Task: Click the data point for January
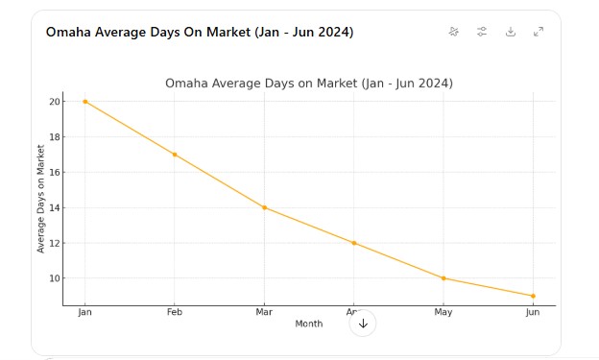84,102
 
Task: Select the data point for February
175,155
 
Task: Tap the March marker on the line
264,207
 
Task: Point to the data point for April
353,243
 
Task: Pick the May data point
443,278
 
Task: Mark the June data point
533,296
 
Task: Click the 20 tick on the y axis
55,102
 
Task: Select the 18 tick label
55,137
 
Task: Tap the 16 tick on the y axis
55,173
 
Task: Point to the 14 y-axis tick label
55,207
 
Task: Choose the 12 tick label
55,243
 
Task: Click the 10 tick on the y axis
55,278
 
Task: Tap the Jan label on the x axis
84,313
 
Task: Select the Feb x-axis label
175,313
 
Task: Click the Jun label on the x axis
533,313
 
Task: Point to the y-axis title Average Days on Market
41,199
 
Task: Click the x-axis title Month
309,324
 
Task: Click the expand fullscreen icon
539,32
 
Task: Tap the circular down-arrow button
363,324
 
